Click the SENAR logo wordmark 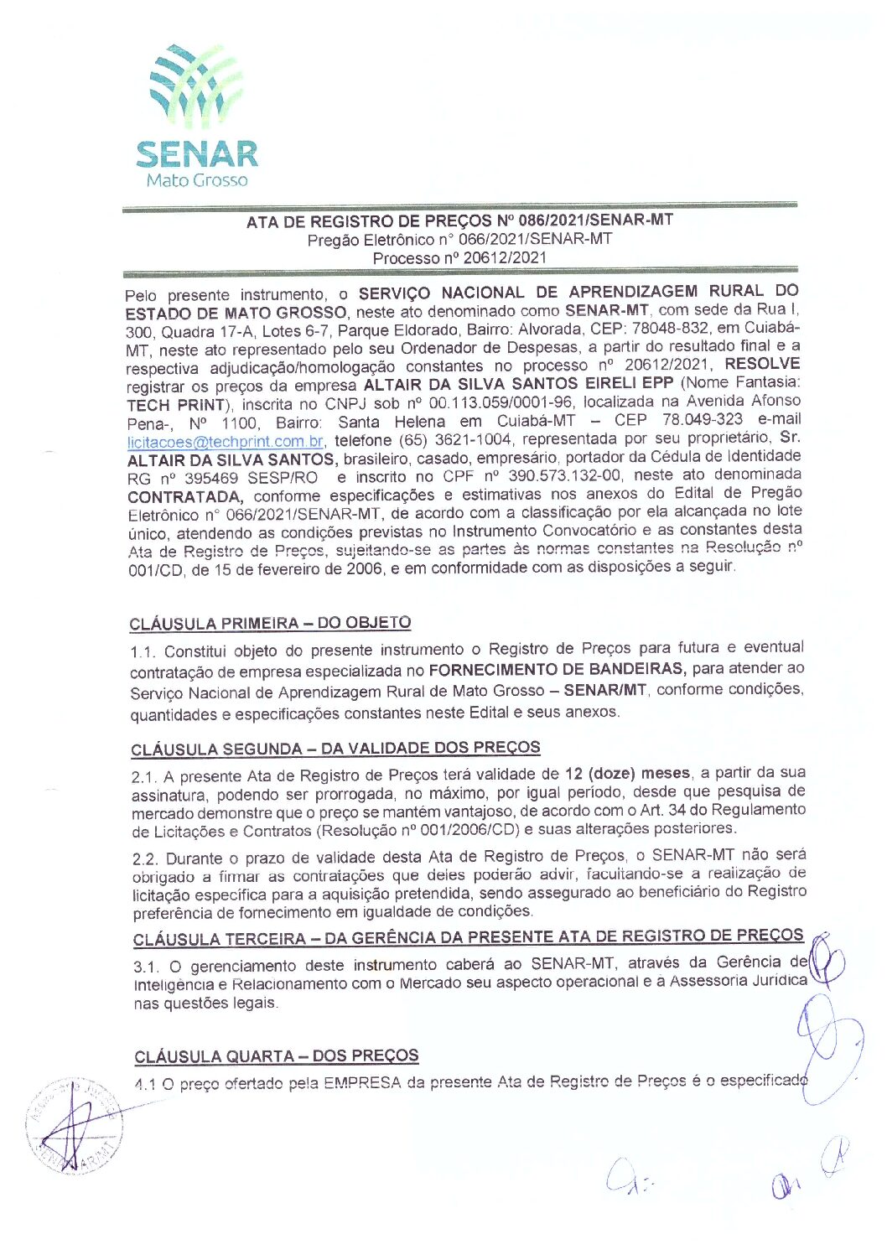tap(197, 154)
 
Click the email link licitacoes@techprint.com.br tap(226, 441)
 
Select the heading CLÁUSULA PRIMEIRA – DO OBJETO tap(270, 623)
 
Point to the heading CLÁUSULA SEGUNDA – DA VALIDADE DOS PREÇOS tap(335, 748)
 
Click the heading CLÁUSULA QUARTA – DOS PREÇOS tap(276, 1055)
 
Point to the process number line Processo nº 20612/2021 tap(459, 258)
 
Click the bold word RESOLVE tap(762, 365)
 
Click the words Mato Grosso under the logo tap(197, 180)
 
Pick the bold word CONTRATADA tap(184, 496)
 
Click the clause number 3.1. tap(147, 967)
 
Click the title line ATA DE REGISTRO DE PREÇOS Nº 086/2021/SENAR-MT tap(459, 221)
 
